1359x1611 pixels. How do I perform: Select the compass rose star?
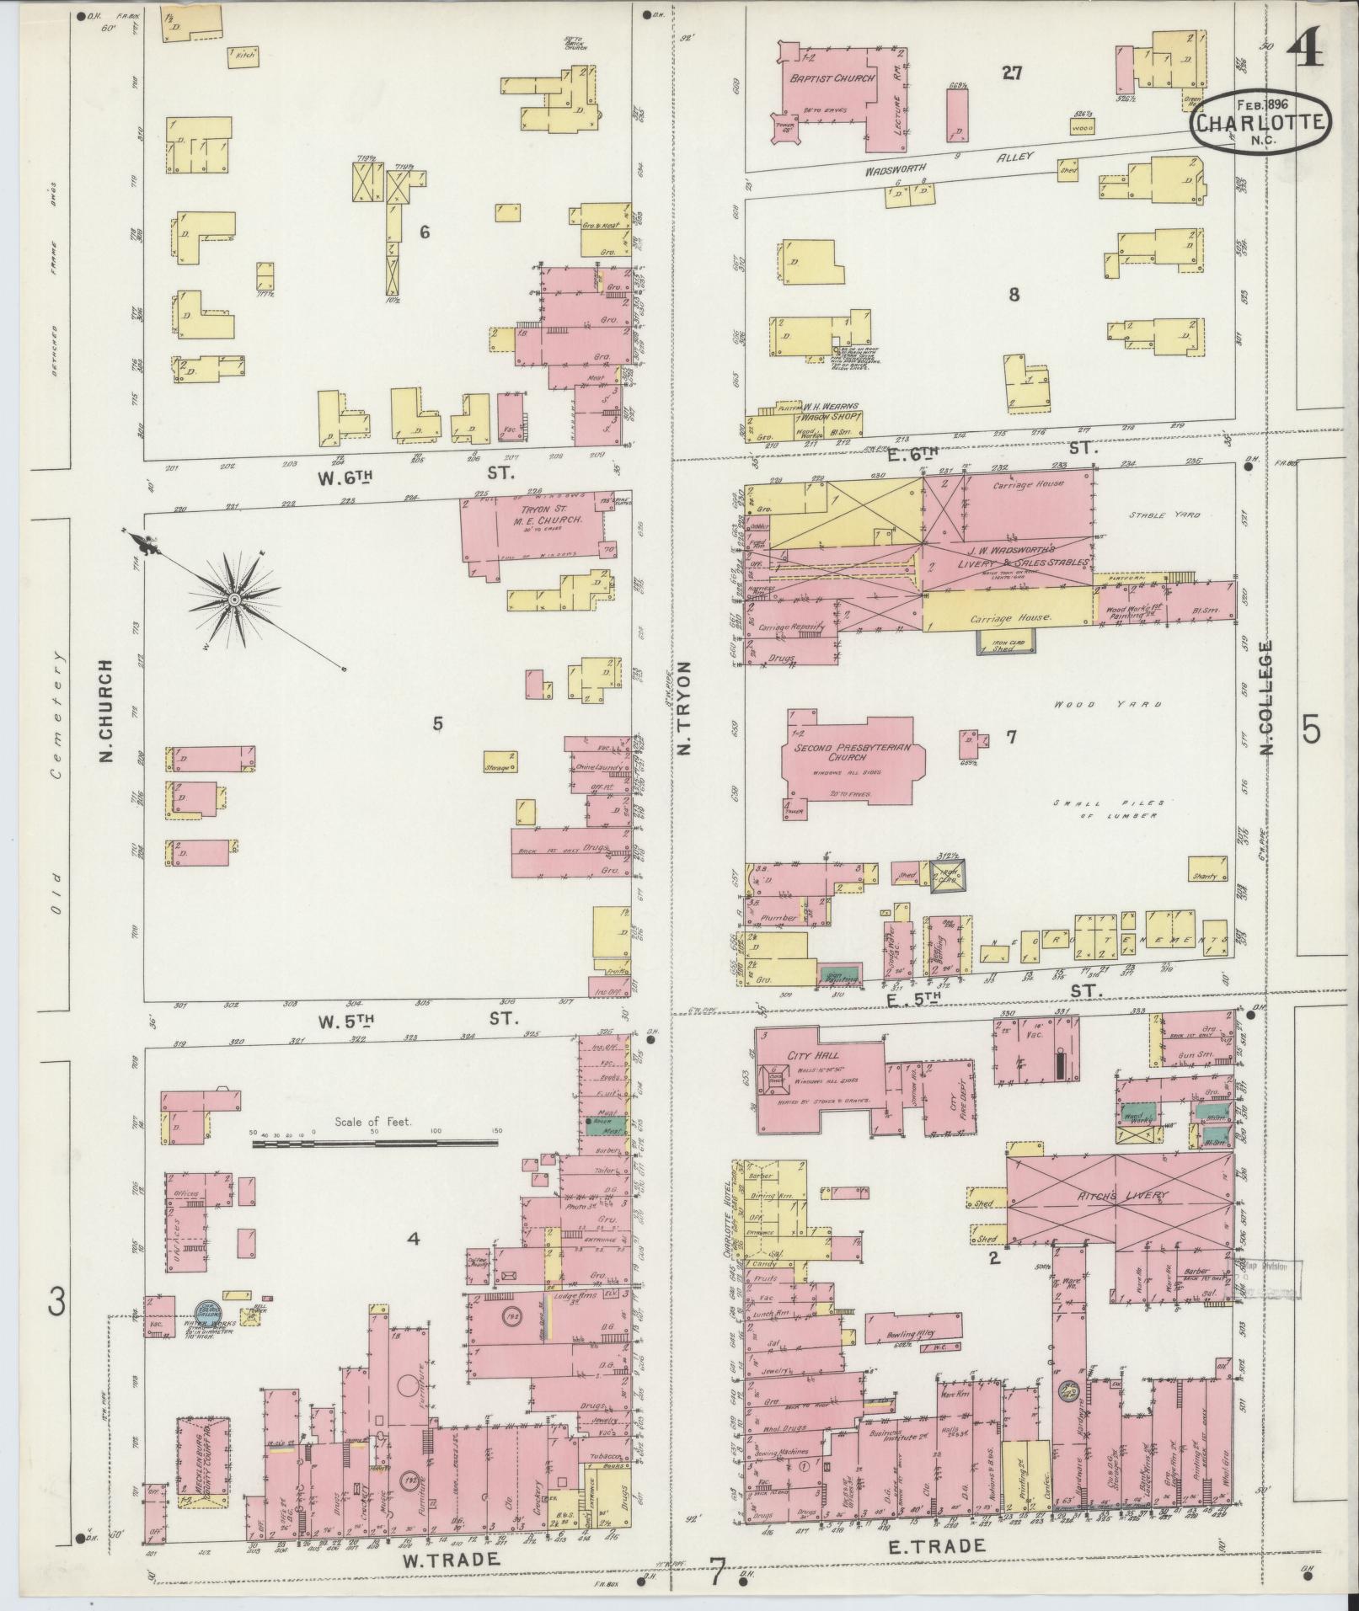234,599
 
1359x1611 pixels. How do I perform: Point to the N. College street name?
1265,697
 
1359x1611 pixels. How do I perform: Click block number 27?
1011,73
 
